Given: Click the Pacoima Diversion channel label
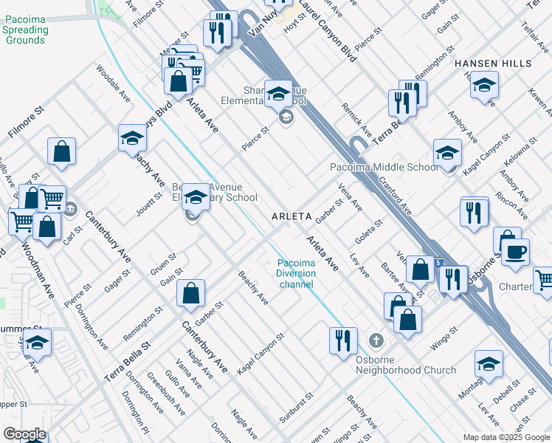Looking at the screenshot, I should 296,273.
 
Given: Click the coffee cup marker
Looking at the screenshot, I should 515,251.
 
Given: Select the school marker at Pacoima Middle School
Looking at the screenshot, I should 447,153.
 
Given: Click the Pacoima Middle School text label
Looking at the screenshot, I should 384,168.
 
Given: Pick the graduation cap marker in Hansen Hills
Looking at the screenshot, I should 484,84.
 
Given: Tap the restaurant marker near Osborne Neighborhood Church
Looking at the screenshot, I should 342,340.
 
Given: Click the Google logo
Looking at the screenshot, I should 24,434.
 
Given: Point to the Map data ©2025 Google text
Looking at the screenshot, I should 506,436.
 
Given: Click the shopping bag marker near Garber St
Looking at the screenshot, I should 190,293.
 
